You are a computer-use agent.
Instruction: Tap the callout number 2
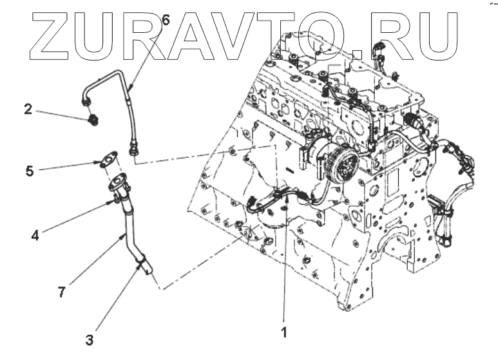click(28, 109)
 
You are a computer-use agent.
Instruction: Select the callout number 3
click(90, 337)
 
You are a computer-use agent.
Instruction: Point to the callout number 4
click(35, 235)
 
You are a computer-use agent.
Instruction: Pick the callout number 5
click(29, 171)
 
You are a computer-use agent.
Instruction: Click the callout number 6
click(166, 21)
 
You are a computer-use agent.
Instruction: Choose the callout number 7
click(61, 292)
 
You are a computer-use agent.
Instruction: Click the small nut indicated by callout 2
click(93, 120)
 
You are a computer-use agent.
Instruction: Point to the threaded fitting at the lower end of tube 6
click(133, 151)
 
